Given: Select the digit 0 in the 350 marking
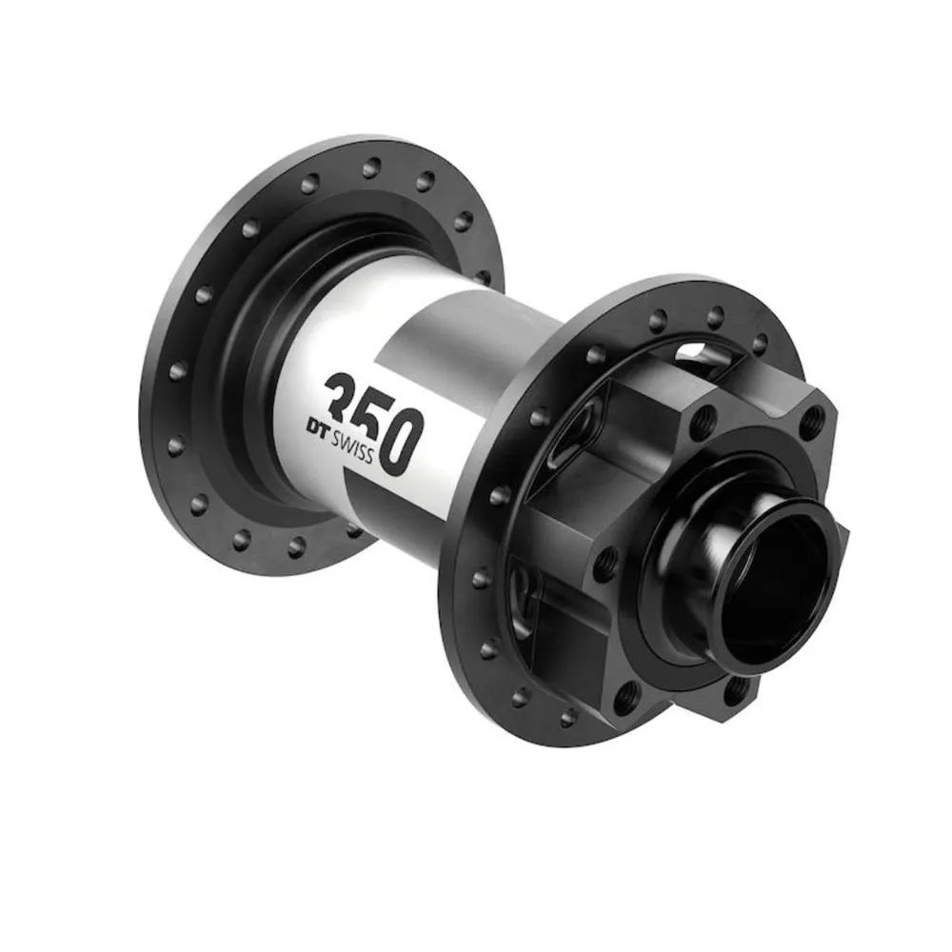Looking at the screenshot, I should (398, 441).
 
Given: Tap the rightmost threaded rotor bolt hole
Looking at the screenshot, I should (811, 420).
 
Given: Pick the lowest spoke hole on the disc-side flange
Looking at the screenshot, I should (567, 716).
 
